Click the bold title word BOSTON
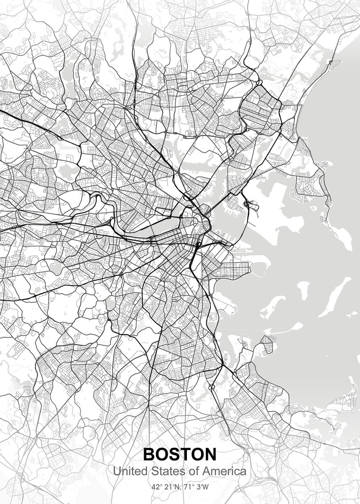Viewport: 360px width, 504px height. click(x=180, y=454)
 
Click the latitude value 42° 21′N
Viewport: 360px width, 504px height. click(x=165, y=488)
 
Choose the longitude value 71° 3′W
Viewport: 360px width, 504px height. click(x=197, y=488)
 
